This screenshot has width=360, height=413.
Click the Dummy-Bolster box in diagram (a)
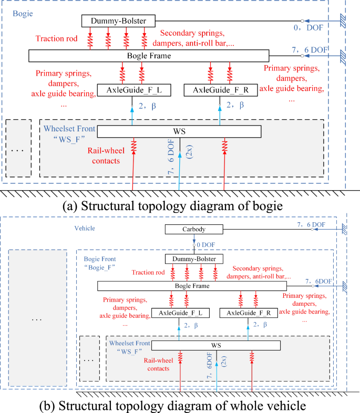tap(118, 21)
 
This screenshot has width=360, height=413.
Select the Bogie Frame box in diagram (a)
tap(149, 55)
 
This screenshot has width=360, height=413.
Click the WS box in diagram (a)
tap(179, 130)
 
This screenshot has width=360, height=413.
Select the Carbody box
tap(194, 230)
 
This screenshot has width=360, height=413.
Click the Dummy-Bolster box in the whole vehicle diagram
tap(194, 259)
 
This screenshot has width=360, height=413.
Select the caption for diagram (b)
tap(179, 406)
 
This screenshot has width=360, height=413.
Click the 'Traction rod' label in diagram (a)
tap(56, 38)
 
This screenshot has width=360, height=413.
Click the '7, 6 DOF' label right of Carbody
tap(311, 224)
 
